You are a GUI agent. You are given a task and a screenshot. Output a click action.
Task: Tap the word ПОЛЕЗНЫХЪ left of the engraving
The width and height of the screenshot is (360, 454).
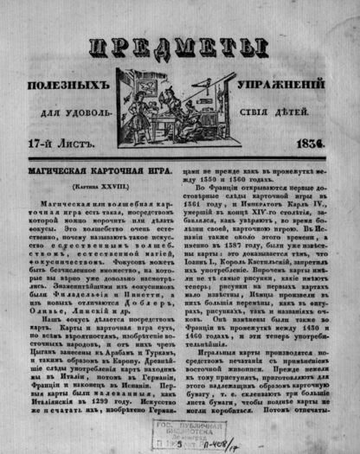click(x=87, y=88)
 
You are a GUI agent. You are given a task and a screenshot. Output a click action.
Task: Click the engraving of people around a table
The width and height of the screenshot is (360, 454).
click(x=177, y=106)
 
